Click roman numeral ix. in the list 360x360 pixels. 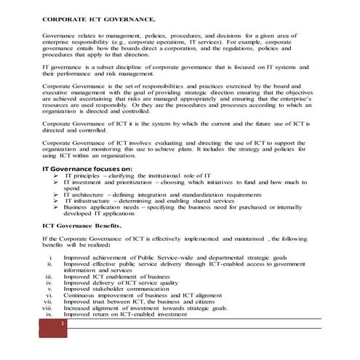click(x=49, y=314)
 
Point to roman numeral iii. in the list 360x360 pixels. click(x=48, y=277)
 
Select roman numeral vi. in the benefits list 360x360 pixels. click(x=49, y=295)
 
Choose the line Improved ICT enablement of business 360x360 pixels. click(x=116, y=277)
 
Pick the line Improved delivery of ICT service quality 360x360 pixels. click(x=120, y=283)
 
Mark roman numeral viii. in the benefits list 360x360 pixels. click(x=47, y=308)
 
